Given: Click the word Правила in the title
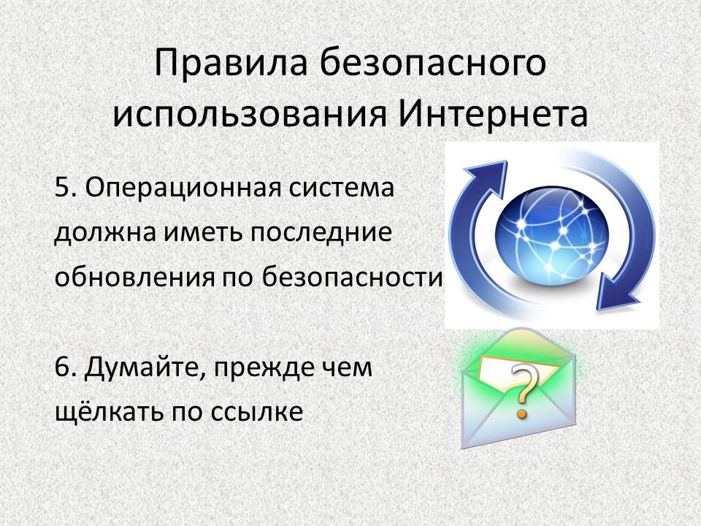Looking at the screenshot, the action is coord(231,63).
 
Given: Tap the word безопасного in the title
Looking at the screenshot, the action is coord(432,63).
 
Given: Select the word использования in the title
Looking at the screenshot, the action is coord(249,115).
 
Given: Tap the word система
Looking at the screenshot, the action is coord(341,188).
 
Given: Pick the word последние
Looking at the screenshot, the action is coord(321,233).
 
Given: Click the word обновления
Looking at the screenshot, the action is coord(134,276).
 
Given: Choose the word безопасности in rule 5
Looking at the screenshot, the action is coord(352,276).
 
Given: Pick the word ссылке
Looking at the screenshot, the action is coord(256,412).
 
